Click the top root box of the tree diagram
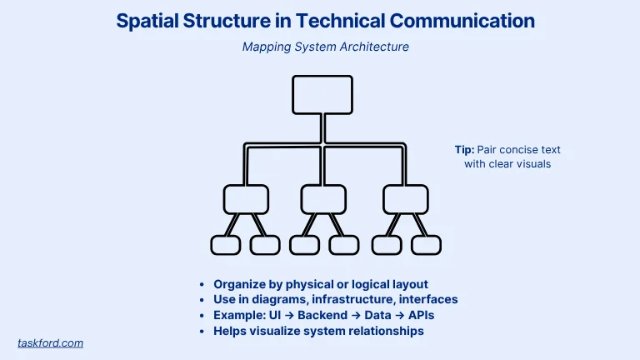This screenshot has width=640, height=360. click(322, 95)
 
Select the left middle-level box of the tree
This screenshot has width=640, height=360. click(246, 199)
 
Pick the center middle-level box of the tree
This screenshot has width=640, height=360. click(323, 199)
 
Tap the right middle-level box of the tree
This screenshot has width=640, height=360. click(405, 199)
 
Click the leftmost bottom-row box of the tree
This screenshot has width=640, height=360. click(225, 245)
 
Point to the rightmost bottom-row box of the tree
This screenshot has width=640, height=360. click(427, 245)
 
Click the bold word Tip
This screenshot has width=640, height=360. click(463, 150)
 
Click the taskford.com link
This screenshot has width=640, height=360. click(50, 342)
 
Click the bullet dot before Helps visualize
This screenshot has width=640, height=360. click(203, 332)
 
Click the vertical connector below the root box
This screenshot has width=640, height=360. click(322, 128)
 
